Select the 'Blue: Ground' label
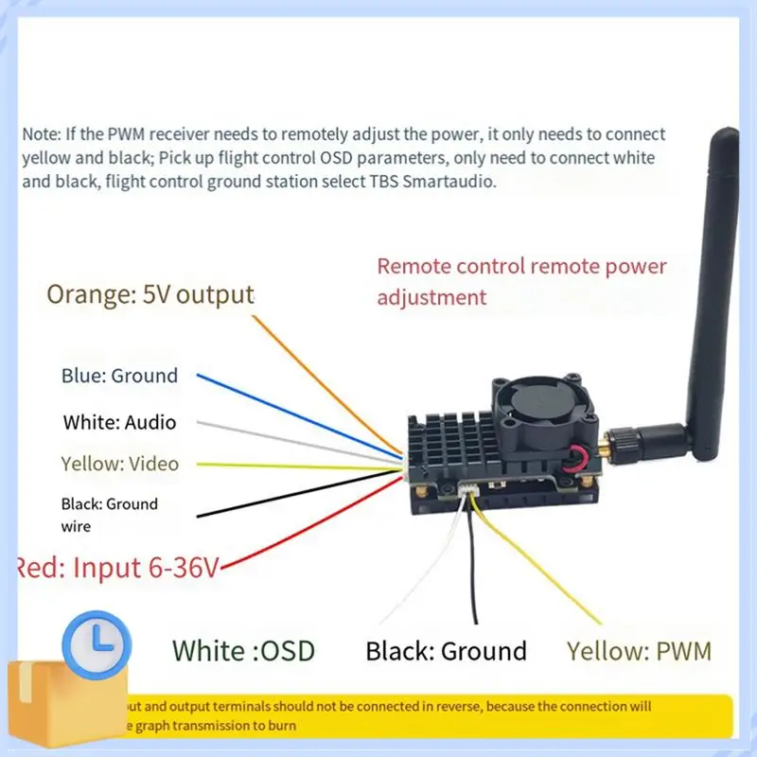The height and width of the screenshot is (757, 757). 119,376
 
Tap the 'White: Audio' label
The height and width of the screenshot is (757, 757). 119,422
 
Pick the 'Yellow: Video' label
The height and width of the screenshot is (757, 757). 119,464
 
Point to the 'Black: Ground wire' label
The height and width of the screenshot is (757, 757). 109,515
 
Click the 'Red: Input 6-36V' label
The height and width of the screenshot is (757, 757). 117,569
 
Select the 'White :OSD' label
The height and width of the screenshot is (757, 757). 243,650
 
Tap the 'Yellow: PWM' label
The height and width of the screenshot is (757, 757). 639,651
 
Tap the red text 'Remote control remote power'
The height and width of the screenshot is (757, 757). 521,267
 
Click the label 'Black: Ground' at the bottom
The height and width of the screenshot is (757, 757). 446,651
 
